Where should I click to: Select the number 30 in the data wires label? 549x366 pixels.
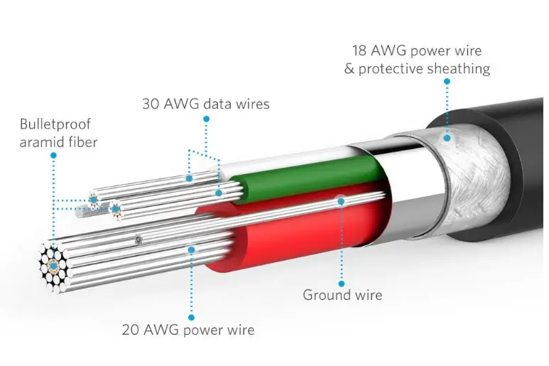click(151, 104)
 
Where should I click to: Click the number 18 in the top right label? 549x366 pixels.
click(362, 50)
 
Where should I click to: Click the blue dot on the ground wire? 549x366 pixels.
click(342, 201)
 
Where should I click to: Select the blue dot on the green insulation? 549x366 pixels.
click(219, 193)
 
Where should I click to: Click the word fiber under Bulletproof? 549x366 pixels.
click(81, 142)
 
